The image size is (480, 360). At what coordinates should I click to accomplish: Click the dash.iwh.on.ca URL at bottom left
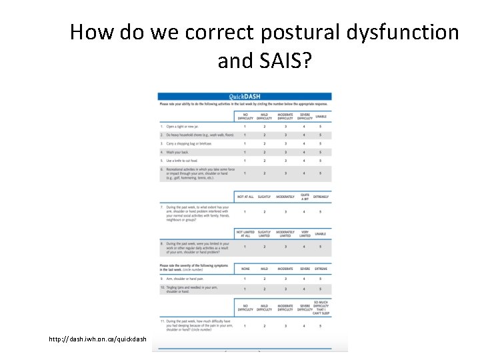pos(97,339)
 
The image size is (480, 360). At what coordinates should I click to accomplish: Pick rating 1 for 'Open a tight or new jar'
pos(244,126)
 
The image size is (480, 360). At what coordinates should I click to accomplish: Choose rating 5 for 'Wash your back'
pos(320,152)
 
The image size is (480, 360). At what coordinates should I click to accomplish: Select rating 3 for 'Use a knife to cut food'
pos(286,161)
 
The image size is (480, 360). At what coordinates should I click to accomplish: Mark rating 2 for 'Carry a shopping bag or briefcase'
pos(264,143)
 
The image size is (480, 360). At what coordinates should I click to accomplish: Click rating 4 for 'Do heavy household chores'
pos(305,135)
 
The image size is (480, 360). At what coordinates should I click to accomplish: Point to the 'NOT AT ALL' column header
pos(244,197)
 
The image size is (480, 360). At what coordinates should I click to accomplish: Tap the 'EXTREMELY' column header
pos(321,197)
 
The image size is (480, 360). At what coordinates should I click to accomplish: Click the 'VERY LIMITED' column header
pos(305,233)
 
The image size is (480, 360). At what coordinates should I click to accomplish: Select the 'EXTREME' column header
pos(321,269)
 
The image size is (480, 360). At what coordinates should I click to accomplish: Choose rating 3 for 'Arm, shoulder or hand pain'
pos(286,279)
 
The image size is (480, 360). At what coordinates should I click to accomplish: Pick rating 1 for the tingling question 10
pos(244,289)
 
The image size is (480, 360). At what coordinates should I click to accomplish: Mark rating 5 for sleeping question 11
pos(320,326)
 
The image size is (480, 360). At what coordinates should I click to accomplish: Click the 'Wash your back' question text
pos(177,152)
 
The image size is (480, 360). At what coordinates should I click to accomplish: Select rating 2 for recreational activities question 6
pos(264,173)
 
